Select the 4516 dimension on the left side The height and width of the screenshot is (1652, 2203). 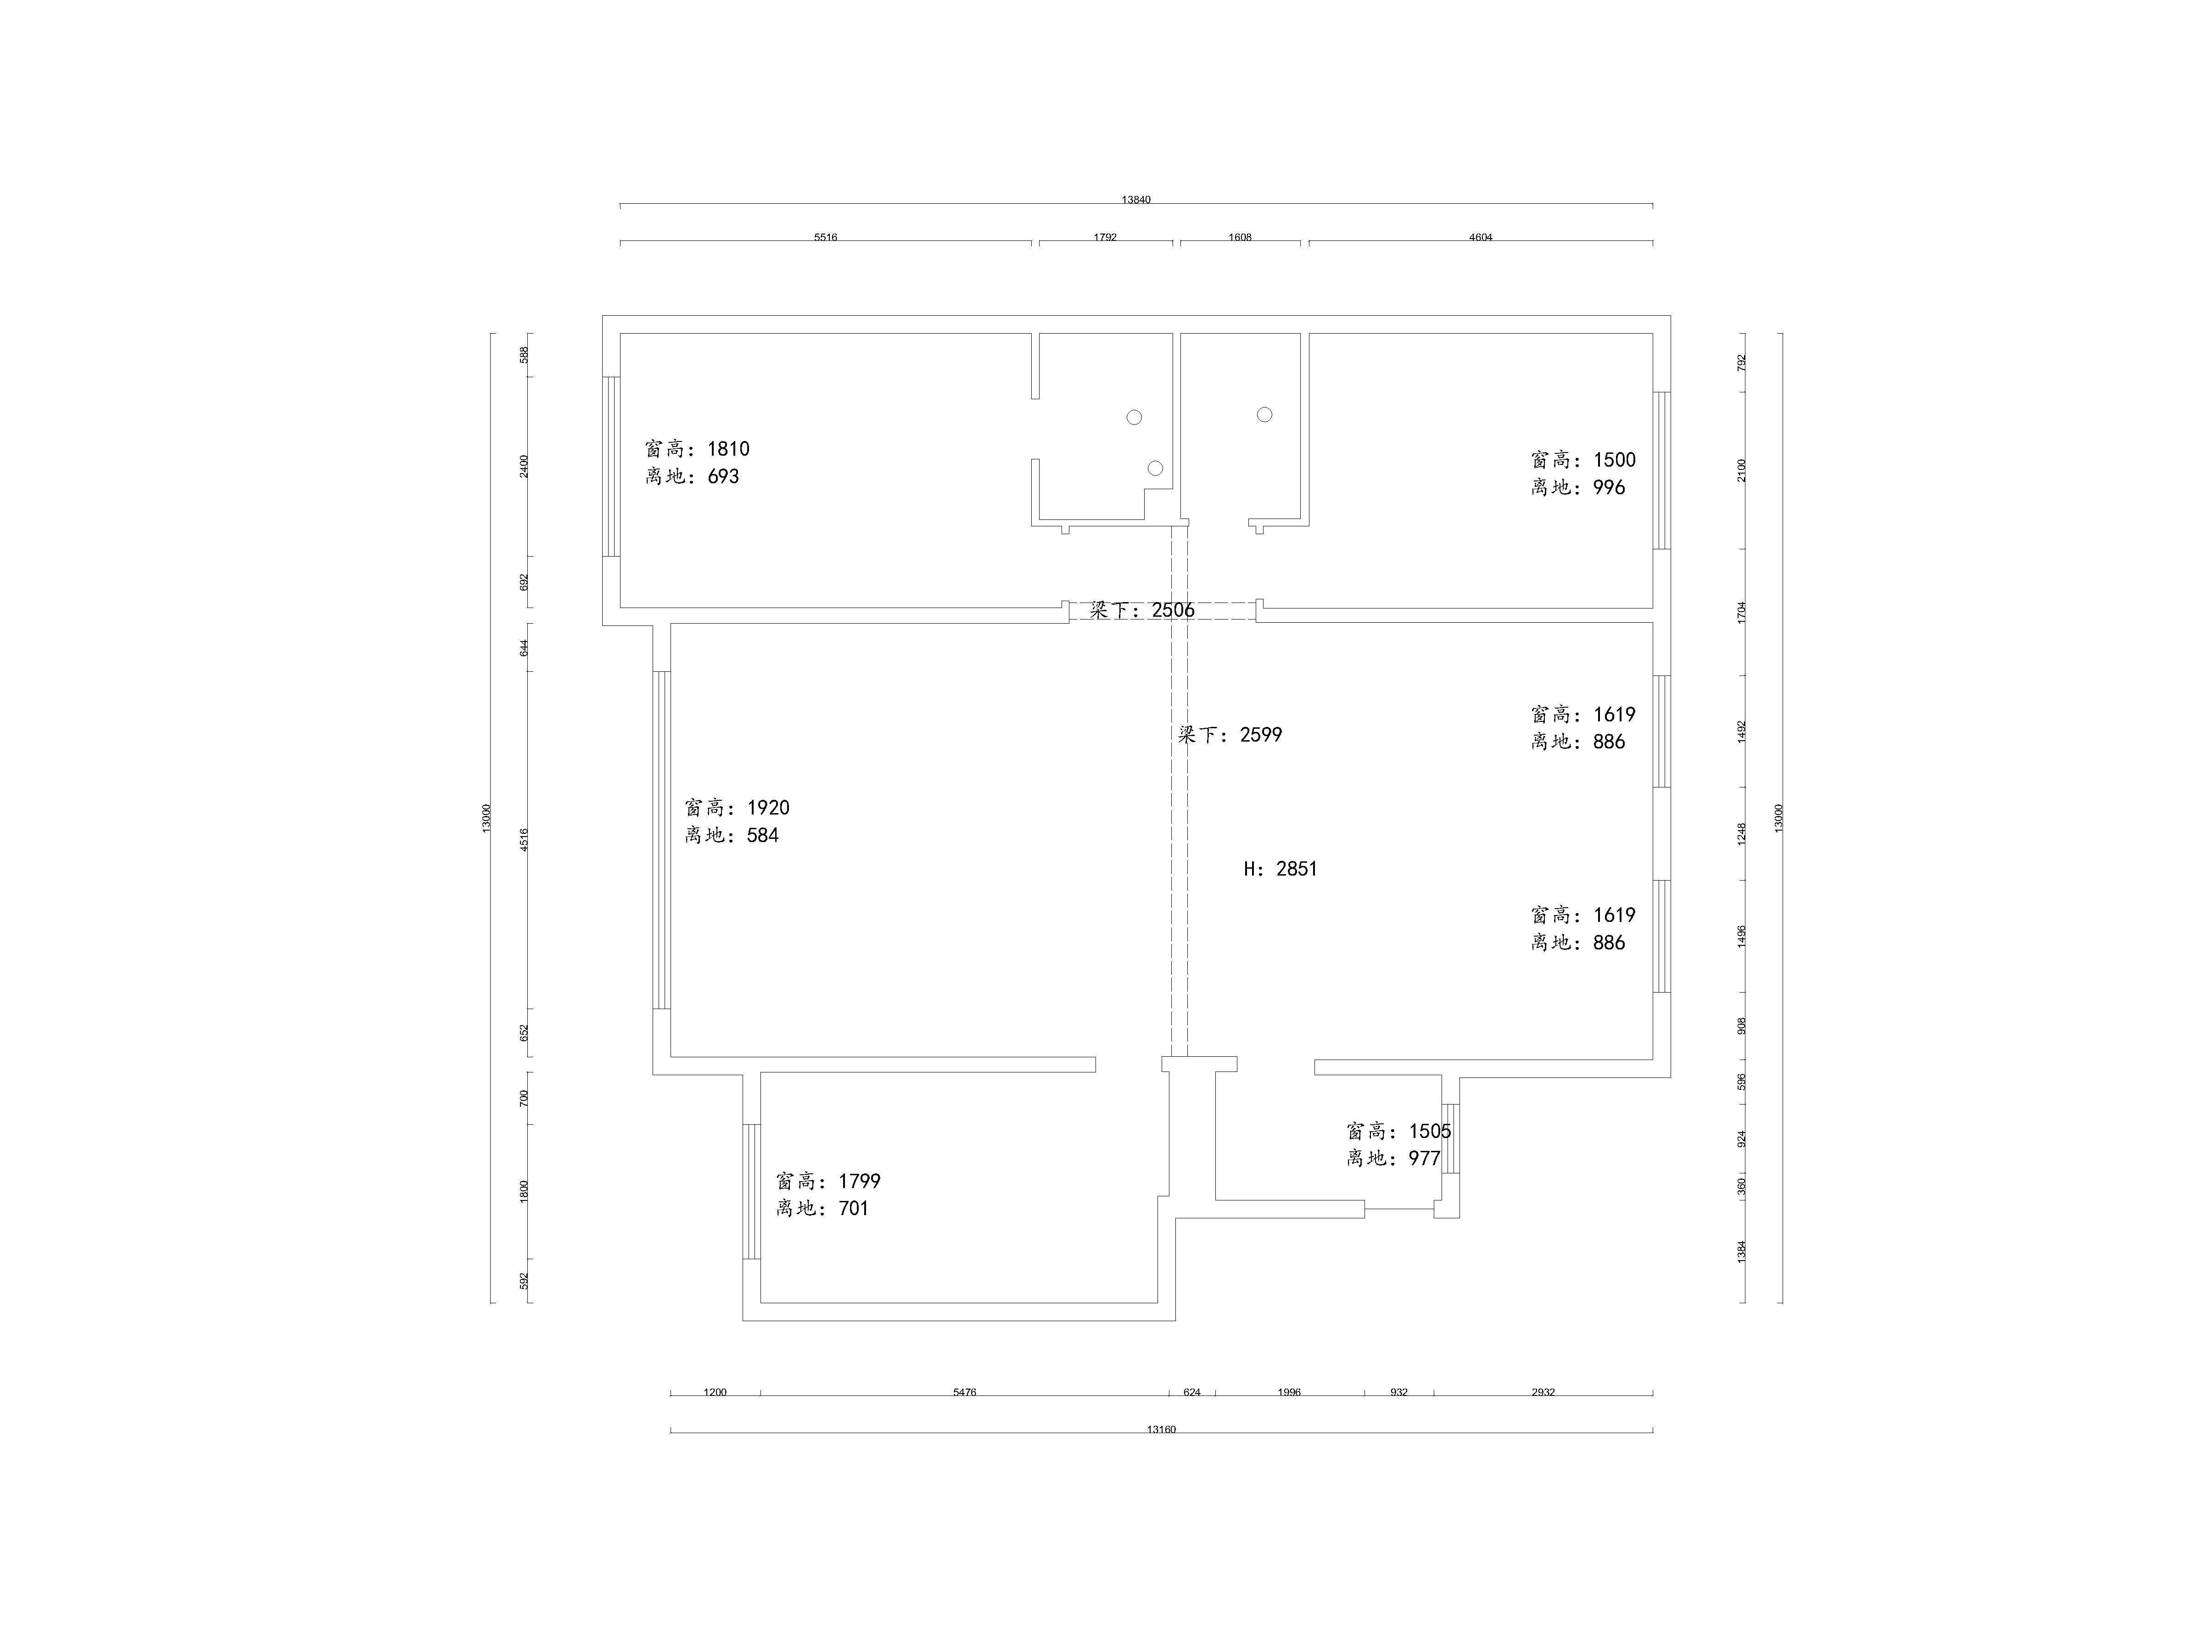point(525,839)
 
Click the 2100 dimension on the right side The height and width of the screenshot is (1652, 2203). point(1742,470)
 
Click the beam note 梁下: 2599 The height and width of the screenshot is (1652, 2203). point(1230,735)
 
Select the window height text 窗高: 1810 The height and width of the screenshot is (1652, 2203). point(697,449)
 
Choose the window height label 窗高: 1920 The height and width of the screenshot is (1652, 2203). point(737,808)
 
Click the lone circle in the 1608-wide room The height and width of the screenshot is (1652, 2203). point(1265,414)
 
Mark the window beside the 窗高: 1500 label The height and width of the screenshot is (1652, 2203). point(1662,470)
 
